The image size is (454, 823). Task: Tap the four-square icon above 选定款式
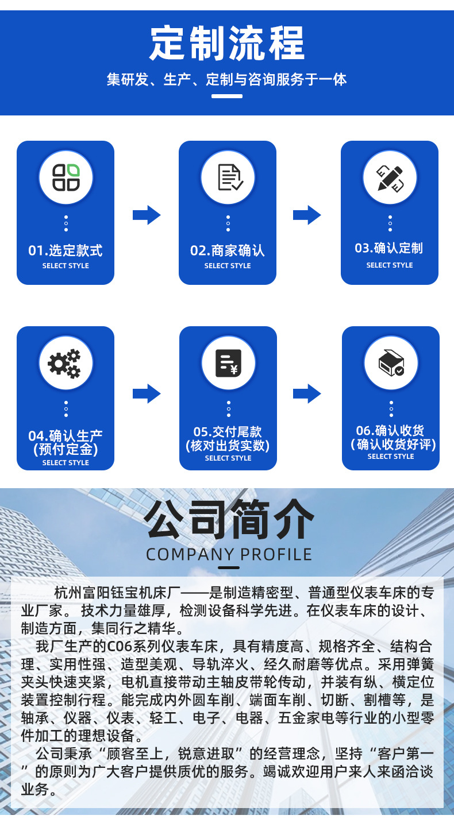[x=66, y=177]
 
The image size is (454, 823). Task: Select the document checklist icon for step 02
[x=228, y=177]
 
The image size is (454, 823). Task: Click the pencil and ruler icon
[x=390, y=177]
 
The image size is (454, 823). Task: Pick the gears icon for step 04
[x=65, y=363]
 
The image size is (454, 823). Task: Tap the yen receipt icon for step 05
[x=228, y=363]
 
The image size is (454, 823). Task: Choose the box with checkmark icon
[x=391, y=363]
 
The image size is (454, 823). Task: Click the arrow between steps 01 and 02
[x=147, y=215]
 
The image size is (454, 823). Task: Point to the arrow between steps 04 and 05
[x=147, y=393]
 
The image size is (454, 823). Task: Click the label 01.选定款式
[x=66, y=250]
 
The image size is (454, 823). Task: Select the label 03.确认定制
[x=389, y=248]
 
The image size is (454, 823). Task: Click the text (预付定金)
[x=66, y=449]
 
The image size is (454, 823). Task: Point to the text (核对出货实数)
[x=228, y=445]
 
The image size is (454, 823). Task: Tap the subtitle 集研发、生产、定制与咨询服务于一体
[x=227, y=79]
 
